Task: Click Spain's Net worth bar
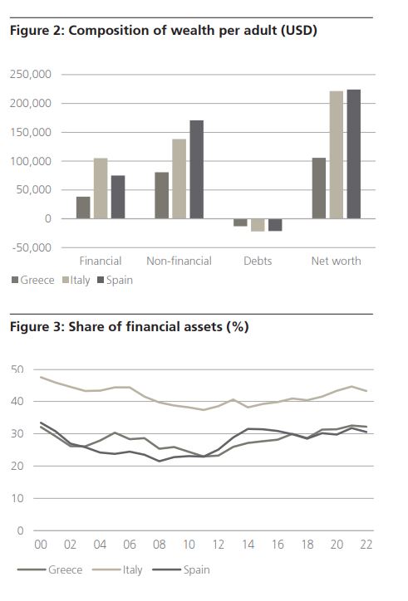pos(353,154)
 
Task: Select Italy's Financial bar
pos(101,188)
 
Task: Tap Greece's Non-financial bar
pos(161,195)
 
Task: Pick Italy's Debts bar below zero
pos(258,225)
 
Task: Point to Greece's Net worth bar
pos(319,188)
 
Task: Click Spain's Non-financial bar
pos(196,169)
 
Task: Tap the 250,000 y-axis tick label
pos(30,74)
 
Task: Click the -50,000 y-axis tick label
pos(32,247)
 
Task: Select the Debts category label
pos(258,261)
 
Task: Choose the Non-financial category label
pos(179,261)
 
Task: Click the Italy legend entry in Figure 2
pos(76,281)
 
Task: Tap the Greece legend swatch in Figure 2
pos(15,281)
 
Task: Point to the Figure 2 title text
pos(164,30)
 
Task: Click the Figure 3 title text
pos(130,326)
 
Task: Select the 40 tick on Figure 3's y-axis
pos(17,401)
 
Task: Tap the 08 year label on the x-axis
pos(160,545)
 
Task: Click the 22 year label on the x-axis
pos(366,545)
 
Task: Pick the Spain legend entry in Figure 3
pos(181,570)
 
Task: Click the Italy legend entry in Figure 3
pos(117,570)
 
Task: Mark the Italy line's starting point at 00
pos(41,377)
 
